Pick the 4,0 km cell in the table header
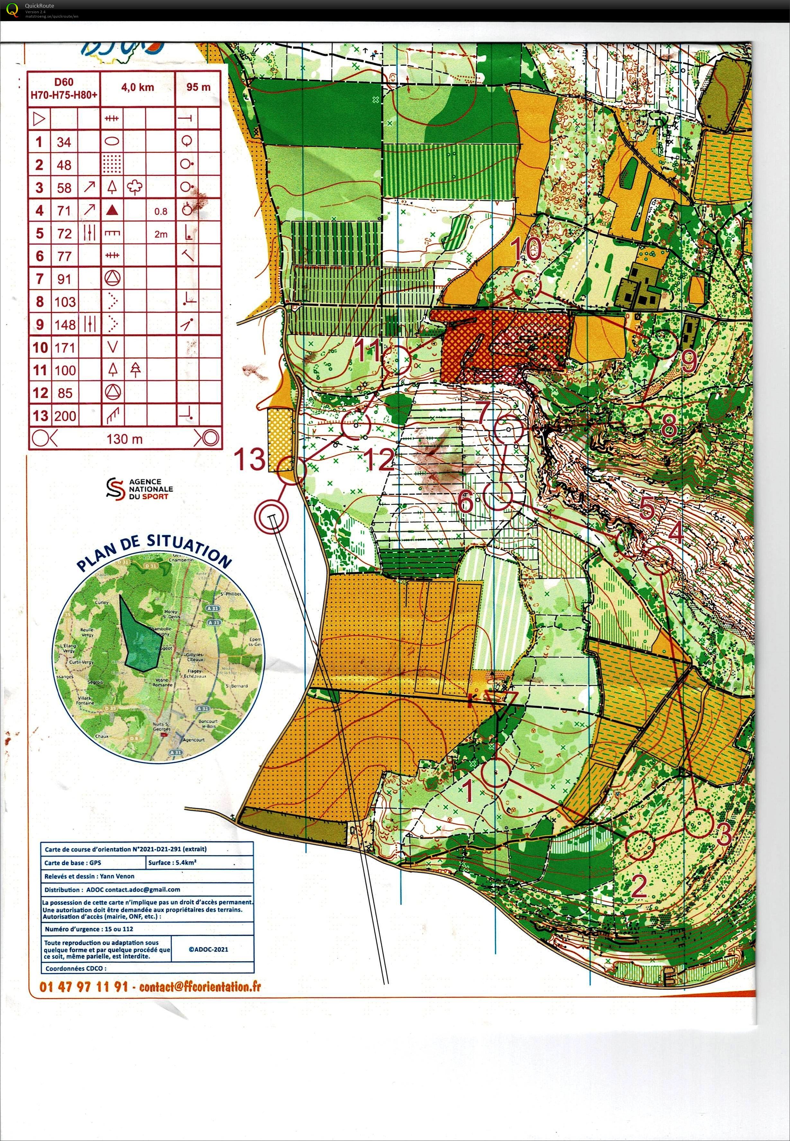(x=138, y=88)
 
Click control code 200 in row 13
(x=65, y=416)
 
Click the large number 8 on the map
(x=669, y=424)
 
